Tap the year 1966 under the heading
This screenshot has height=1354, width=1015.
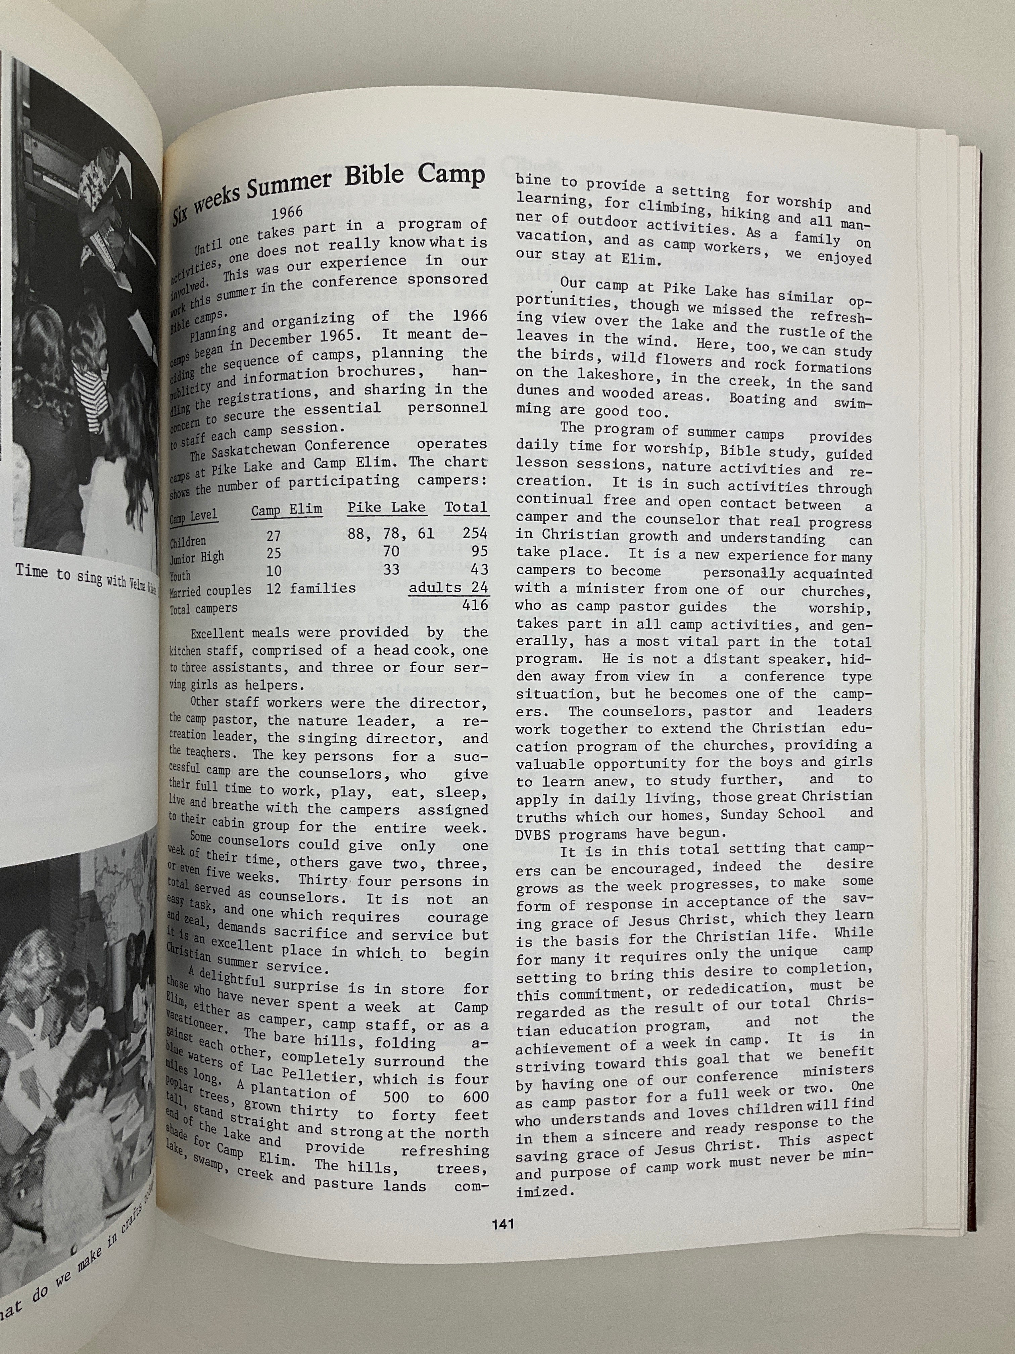[x=287, y=213]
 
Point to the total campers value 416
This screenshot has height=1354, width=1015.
[x=475, y=605]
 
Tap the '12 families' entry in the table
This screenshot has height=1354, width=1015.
[x=311, y=588]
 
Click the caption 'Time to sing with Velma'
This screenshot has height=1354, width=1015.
[x=86, y=575]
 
